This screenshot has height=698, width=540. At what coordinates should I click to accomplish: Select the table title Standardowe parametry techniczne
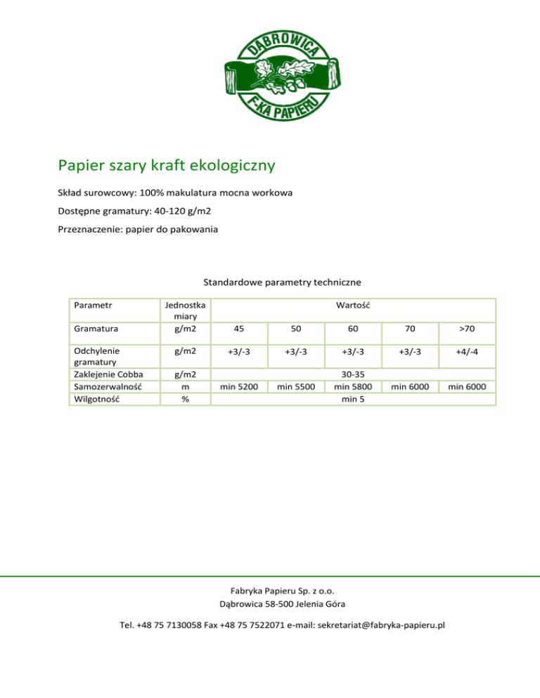(282, 282)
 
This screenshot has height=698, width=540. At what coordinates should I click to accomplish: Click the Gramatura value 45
(240, 329)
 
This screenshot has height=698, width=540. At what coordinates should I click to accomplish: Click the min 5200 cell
(240, 386)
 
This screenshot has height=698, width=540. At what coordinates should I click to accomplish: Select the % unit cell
(184, 398)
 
